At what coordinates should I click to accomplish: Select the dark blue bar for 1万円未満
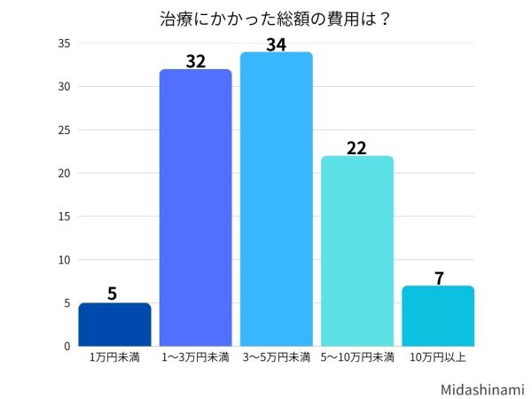tap(114, 325)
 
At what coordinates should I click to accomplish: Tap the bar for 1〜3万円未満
tap(195, 207)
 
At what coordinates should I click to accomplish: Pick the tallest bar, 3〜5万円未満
tap(276, 199)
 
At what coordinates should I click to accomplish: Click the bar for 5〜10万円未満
tap(356, 251)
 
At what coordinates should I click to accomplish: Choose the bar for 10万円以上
tap(437, 316)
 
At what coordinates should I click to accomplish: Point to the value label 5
tap(113, 293)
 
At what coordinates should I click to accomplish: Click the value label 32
tap(195, 61)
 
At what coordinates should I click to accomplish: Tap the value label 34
tap(276, 43)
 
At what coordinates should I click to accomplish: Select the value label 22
tap(356, 147)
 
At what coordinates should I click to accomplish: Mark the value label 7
tap(438, 278)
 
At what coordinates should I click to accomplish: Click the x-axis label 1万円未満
tap(113, 357)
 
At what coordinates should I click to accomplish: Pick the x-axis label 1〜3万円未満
tap(195, 357)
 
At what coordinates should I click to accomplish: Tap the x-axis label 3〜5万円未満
tap(276, 357)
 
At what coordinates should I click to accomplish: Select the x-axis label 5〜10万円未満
tap(356, 357)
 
